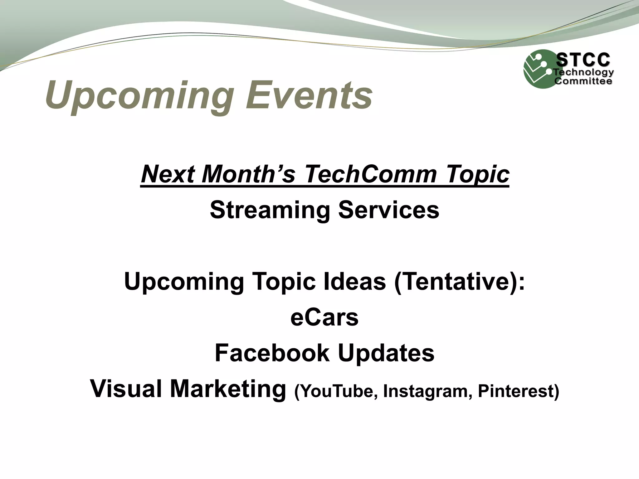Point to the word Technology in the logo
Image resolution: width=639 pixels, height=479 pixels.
(x=583, y=73)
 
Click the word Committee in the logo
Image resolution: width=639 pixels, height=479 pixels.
(x=583, y=81)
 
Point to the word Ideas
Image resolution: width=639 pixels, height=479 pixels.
(x=354, y=281)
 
